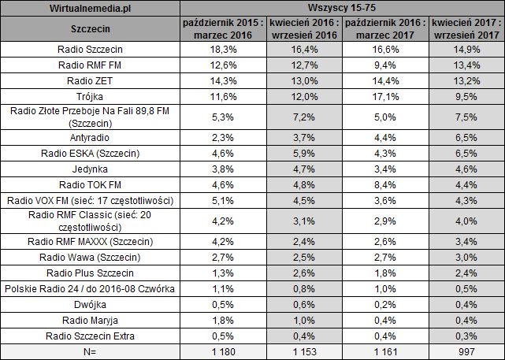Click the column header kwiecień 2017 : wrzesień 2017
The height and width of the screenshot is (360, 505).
pyautogui.click(x=467, y=30)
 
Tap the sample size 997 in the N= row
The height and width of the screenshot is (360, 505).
pyautogui.click(x=467, y=351)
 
